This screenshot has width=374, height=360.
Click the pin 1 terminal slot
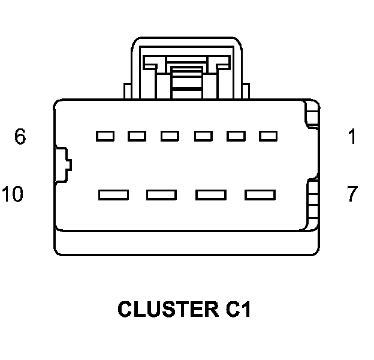pyautogui.click(x=268, y=136)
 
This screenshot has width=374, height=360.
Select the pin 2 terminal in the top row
pyautogui.click(x=236, y=136)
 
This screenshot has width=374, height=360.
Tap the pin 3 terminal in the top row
pyautogui.click(x=203, y=136)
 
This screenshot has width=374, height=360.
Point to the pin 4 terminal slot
pyautogui.click(x=170, y=136)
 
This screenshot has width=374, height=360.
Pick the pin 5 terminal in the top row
pyautogui.click(x=137, y=136)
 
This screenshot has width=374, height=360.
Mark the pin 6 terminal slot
pyautogui.click(x=105, y=136)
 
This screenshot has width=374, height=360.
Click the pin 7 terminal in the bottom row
pyautogui.click(x=260, y=194)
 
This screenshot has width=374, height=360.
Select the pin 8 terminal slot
pyautogui.click(x=210, y=194)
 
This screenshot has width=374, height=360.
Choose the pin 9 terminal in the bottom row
pyautogui.click(x=162, y=194)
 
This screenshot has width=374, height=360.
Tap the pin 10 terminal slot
pyautogui.click(x=113, y=194)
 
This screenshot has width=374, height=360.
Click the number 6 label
pyautogui.click(x=20, y=137)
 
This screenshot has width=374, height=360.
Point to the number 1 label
pyautogui.click(x=352, y=137)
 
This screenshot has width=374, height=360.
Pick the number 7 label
pyautogui.click(x=352, y=194)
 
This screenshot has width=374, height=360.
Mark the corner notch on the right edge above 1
pyautogui.click(x=312, y=115)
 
